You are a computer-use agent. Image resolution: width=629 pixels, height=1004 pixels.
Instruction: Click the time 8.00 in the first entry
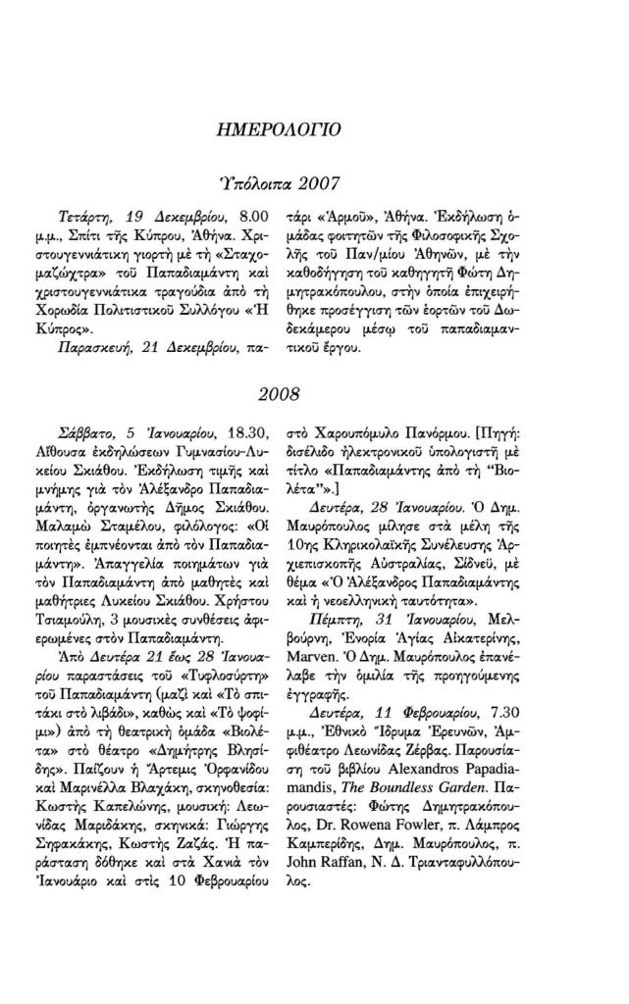(x=254, y=213)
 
